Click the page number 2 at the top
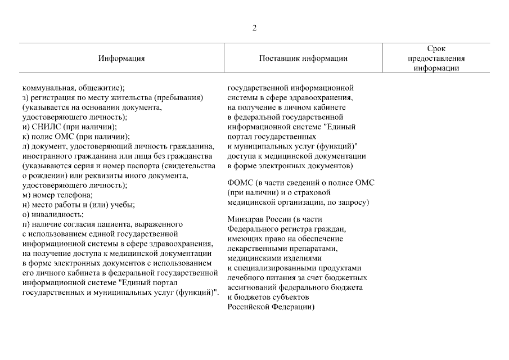[x=254, y=29]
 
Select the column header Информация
[x=121, y=58]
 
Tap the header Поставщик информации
[x=303, y=58]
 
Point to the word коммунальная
[x=47, y=88]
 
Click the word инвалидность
[x=57, y=214]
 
